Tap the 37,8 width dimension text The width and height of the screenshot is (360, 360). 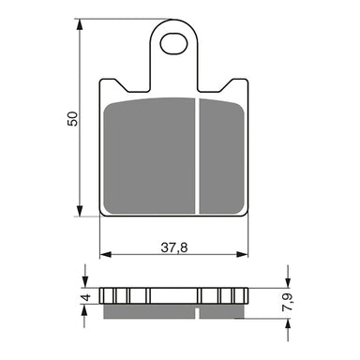(174, 247)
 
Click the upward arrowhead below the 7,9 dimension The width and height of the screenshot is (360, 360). (282, 320)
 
